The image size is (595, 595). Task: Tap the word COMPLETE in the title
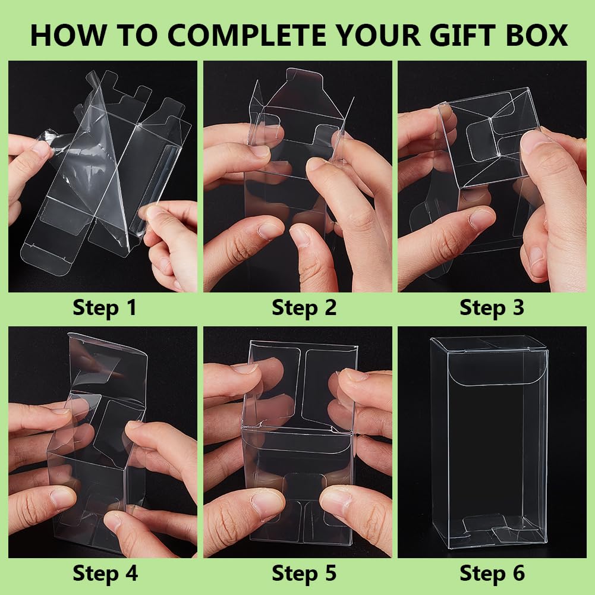pyautogui.click(x=247, y=35)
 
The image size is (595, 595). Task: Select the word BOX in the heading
pyautogui.click(x=537, y=35)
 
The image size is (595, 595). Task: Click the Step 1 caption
pyautogui.click(x=105, y=307)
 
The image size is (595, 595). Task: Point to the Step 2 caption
pyautogui.click(x=304, y=307)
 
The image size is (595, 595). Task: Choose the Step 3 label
pyautogui.click(x=492, y=307)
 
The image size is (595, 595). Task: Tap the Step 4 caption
pyautogui.click(x=105, y=573)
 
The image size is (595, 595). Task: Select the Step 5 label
pyautogui.click(x=304, y=573)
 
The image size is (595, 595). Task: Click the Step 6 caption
pyautogui.click(x=492, y=573)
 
